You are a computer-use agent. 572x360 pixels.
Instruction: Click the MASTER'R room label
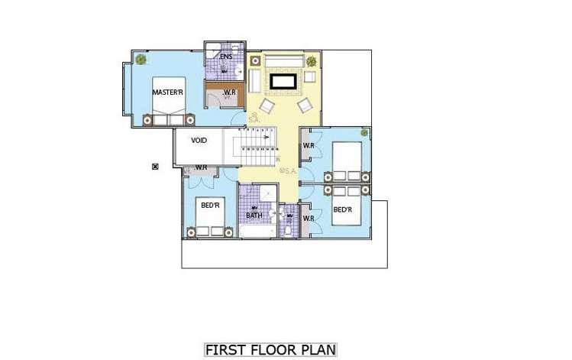point(167,92)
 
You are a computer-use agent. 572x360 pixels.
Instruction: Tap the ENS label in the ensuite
point(226,57)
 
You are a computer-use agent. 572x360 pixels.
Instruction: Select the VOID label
point(199,140)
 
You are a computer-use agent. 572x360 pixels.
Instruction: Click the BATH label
point(254,215)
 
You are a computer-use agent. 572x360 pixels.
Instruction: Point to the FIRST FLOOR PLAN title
point(271,350)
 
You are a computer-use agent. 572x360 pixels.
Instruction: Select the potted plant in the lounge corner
point(311,61)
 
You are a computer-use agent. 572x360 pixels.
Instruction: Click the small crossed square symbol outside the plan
point(155,167)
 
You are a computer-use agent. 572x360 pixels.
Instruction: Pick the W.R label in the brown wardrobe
point(229,94)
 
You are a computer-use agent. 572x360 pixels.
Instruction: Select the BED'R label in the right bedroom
point(342,209)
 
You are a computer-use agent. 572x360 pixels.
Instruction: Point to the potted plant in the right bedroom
point(364,134)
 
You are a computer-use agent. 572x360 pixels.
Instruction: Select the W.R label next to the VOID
point(202,167)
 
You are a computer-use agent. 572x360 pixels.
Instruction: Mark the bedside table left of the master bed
point(147,118)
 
